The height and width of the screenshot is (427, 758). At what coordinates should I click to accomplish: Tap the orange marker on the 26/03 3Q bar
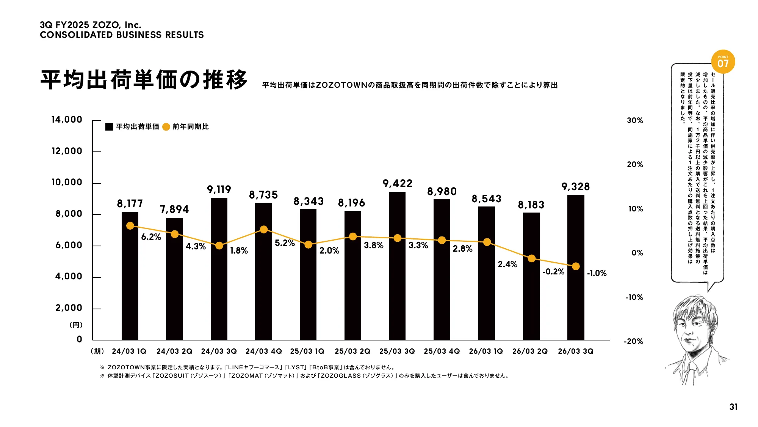tap(576, 266)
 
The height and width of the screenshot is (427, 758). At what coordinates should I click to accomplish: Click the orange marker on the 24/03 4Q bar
tap(264, 230)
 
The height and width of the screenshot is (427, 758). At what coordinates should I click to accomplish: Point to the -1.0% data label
tap(597, 273)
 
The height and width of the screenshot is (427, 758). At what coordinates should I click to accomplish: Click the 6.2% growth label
tap(151, 237)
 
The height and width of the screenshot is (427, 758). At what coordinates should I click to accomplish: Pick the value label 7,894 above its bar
tap(174, 210)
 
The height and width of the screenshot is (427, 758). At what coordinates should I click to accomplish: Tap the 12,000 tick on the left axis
tap(67, 151)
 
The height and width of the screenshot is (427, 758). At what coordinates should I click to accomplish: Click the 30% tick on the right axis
tap(635, 121)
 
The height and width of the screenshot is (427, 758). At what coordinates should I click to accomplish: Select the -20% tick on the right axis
tap(634, 341)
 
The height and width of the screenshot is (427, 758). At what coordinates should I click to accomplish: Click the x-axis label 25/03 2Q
tap(352, 351)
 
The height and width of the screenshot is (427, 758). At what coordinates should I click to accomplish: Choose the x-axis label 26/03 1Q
tap(486, 351)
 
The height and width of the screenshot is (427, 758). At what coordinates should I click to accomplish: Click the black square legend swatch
tap(109, 127)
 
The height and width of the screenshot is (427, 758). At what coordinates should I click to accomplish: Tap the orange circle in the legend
tap(166, 127)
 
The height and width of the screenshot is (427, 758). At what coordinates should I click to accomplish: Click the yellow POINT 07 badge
tap(723, 62)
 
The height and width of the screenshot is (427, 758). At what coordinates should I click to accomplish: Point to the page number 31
tap(733, 407)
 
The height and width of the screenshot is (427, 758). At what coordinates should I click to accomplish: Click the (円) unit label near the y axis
tap(76, 325)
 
